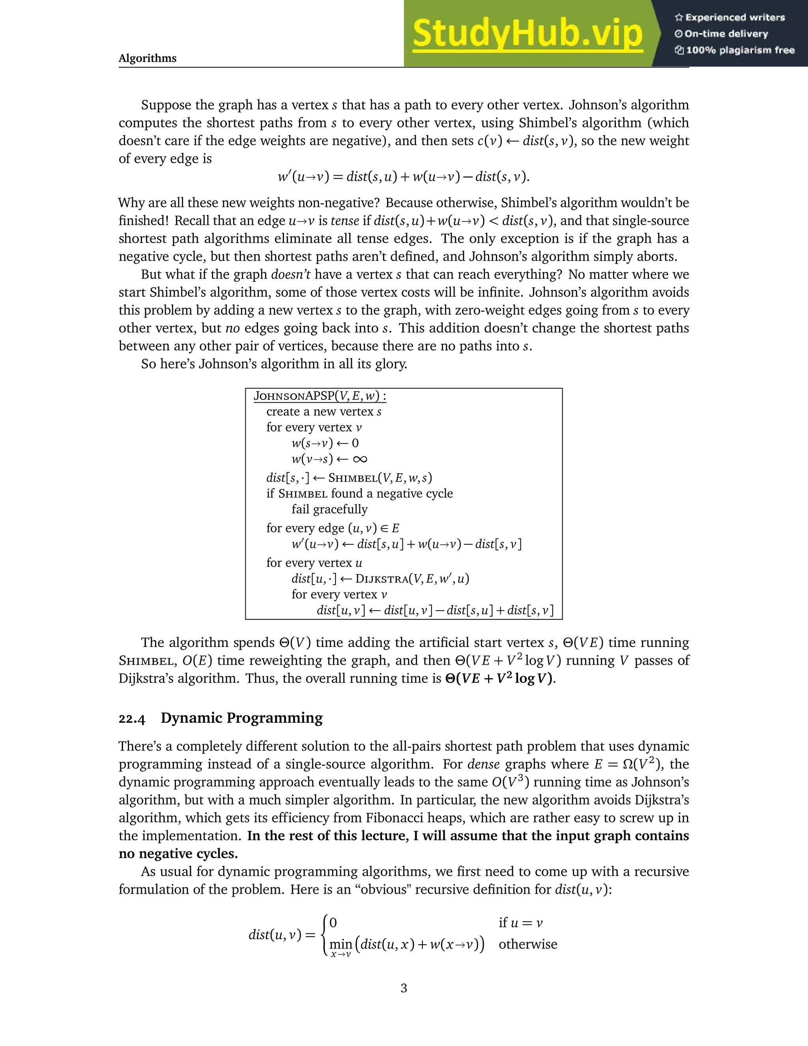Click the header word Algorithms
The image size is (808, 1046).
coord(148,58)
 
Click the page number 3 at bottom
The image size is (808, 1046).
coord(404,988)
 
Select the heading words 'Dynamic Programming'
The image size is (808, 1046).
coord(242,718)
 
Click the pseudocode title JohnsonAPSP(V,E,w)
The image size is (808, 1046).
coord(320,396)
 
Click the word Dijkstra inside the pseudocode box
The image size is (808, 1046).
coord(382,579)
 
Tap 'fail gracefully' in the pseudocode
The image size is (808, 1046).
coord(329,510)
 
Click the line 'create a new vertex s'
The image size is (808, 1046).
coord(324,412)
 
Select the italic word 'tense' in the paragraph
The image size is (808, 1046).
coord(345,221)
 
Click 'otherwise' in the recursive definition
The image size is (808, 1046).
coord(527,944)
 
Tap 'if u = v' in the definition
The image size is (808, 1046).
coord(520,922)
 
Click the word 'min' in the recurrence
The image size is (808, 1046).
coord(341,944)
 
